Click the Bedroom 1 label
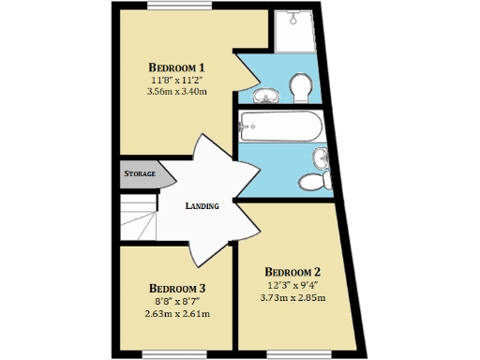point(177,67)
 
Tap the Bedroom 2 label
point(292,273)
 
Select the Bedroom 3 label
point(177,288)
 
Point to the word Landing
point(202,206)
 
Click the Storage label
point(140,174)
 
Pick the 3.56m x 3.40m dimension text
point(177,92)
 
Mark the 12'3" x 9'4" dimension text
point(292,286)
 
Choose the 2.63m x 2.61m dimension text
point(177,314)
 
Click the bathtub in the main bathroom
point(280,126)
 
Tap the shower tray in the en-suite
point(293,34)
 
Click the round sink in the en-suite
point(266,94)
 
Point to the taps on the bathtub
point(246,126)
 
